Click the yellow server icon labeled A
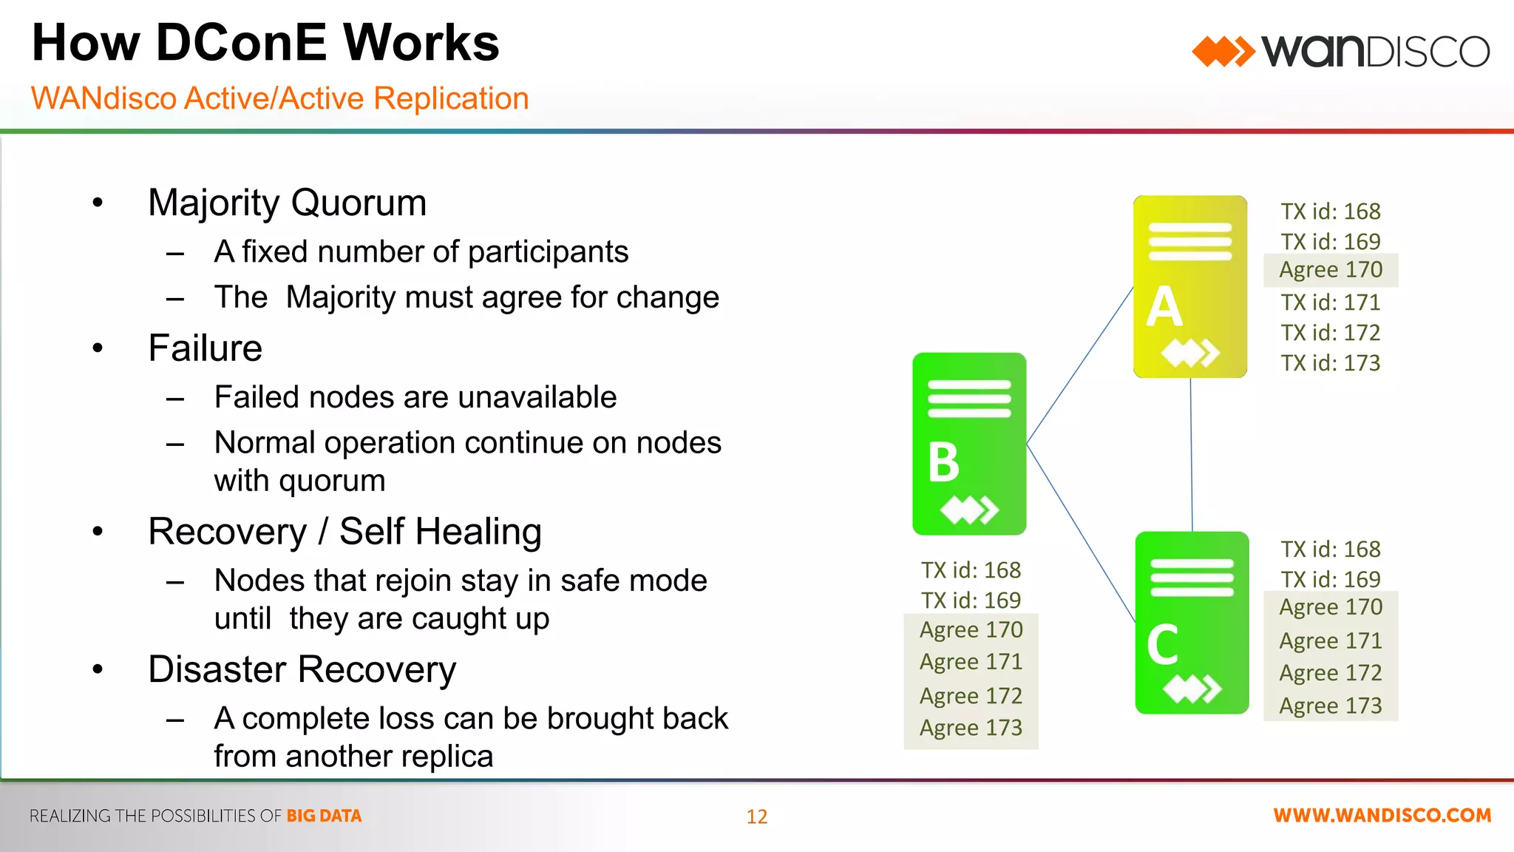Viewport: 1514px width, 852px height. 1189,286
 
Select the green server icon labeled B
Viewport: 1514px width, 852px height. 969,444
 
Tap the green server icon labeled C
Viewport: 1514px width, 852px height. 1192,623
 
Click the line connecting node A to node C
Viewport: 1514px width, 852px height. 1191,455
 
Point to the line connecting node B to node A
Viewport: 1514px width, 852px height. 1079,366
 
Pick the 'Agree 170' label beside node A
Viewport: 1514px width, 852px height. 1331,270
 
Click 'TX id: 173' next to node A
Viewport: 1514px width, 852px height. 1331,363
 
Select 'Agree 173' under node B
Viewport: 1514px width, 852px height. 971,728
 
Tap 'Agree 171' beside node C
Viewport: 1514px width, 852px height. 1331,640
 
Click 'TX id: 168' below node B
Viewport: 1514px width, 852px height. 971,570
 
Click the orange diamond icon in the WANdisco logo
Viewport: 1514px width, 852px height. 1223,52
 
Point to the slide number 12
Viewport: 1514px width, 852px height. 757,816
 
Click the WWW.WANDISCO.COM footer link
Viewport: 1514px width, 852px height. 1382,816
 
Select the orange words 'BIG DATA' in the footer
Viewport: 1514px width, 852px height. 324,816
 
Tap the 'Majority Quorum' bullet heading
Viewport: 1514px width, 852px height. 287,203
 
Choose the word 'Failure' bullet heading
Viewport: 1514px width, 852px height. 205,348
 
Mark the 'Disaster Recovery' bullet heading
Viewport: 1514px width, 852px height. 302,670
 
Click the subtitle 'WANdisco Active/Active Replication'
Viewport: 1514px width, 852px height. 279,98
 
